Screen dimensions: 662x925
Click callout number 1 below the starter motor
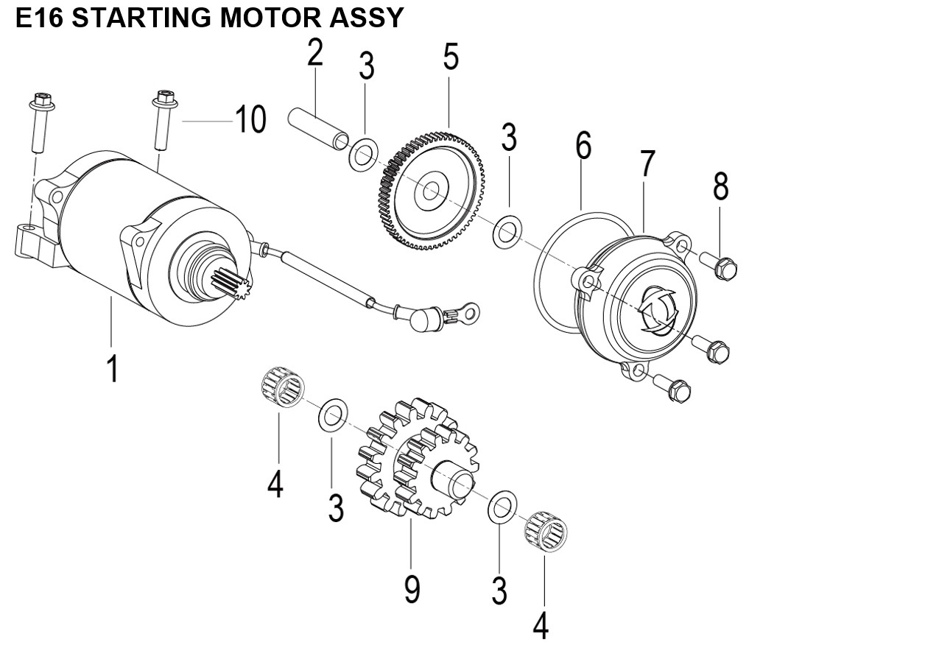[112, 366]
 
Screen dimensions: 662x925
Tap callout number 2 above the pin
[315, 52]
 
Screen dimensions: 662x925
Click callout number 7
[647, 165]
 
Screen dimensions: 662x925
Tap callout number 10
[250, 119]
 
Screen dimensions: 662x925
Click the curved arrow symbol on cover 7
[653, 310]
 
